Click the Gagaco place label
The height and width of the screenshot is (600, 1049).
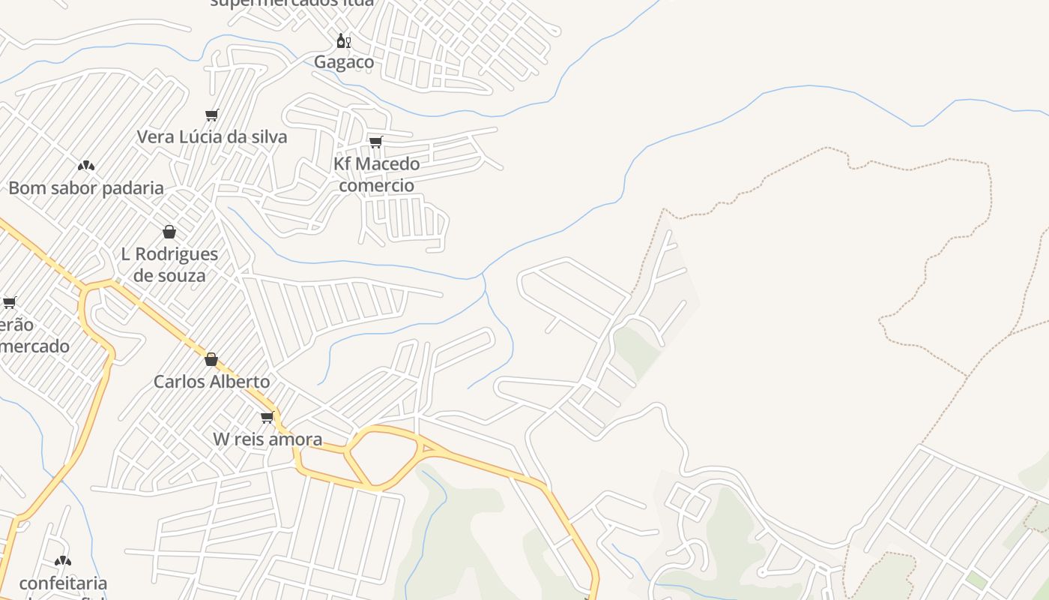(x=344, y=62)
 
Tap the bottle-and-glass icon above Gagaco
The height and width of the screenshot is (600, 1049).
(x=343, y=40)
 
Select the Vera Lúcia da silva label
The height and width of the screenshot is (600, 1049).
(x=212, y=137)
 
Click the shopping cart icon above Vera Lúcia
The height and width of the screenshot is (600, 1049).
(x=211, y=115)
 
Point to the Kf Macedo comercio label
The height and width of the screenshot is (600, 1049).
(x=376, y=174)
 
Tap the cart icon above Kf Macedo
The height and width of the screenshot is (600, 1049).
(x=375, y=142)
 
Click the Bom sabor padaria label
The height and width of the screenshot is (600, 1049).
(x=86, y=188)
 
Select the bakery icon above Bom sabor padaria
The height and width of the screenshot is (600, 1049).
(x=86, y=165)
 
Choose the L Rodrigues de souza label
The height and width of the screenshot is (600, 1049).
(x=169, y=265)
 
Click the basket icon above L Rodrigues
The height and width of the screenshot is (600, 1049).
(x=169, y=232)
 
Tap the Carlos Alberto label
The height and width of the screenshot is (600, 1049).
(x=211, y=382)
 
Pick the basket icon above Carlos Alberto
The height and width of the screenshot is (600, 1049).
(x=211, y=359)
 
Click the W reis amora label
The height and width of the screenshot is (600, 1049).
(x=267, y=439)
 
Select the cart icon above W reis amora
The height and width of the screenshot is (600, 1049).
(x=267, y=417)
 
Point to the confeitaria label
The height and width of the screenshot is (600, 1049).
(x=63, y=583)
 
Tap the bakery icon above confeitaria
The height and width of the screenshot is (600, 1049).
(x=63, y=560)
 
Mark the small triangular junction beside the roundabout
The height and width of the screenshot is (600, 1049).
(x=429, y=449)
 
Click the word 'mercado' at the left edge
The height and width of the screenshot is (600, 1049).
(x=34, y=346)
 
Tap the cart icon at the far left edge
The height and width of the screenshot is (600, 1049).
(x=9, y=302)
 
